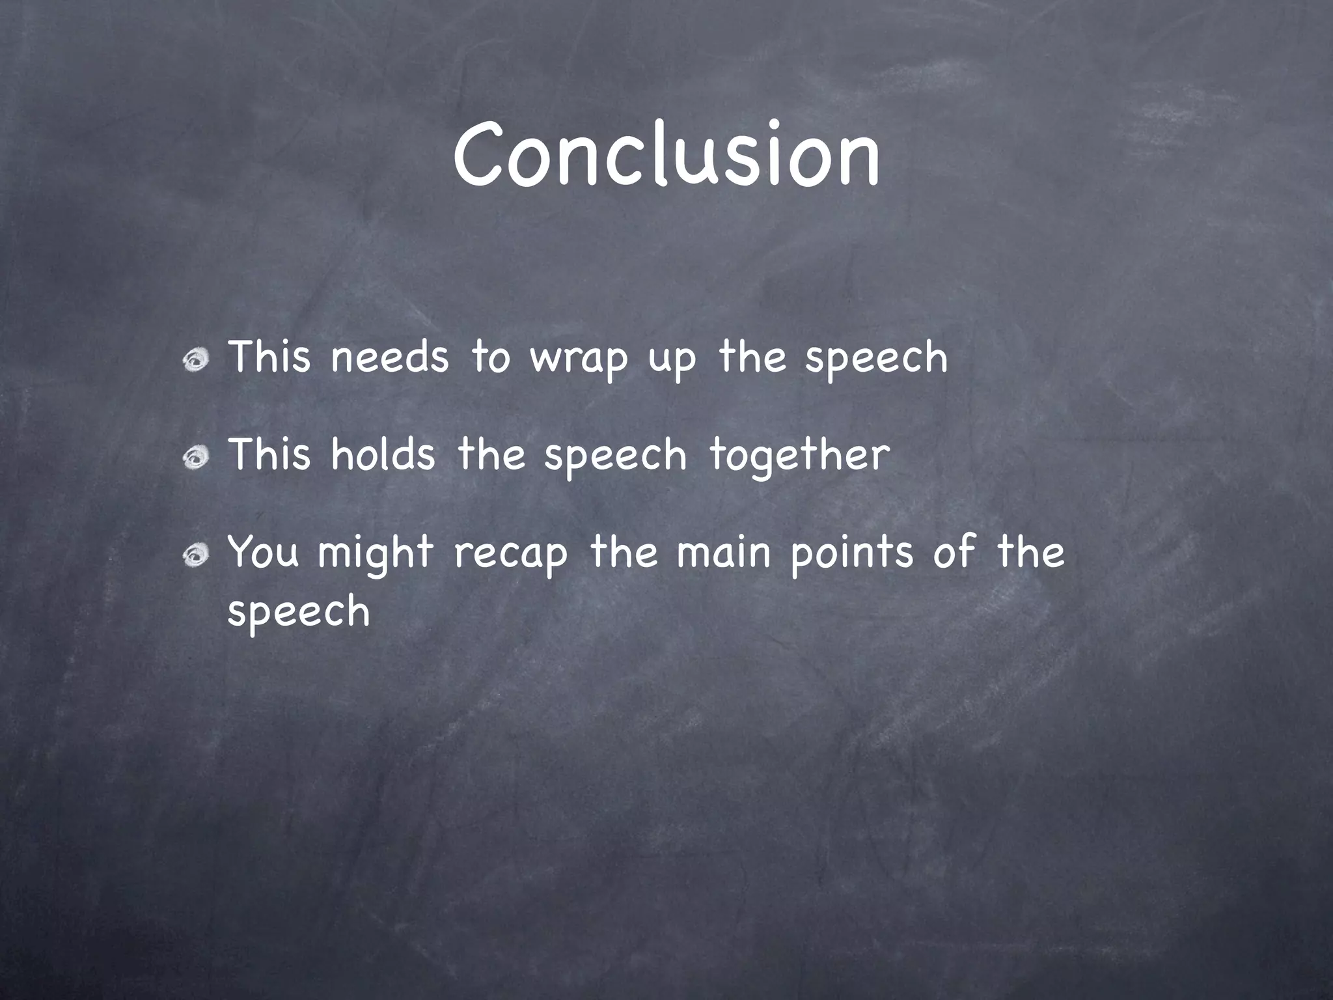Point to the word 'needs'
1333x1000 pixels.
(389, 357)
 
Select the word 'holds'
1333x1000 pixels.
(383, 454)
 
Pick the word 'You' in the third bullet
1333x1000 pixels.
(264, 551)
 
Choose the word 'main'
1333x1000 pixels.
(723, 551)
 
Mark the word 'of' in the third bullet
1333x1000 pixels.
(954, 550)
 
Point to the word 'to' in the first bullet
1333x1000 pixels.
(491, 357)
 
